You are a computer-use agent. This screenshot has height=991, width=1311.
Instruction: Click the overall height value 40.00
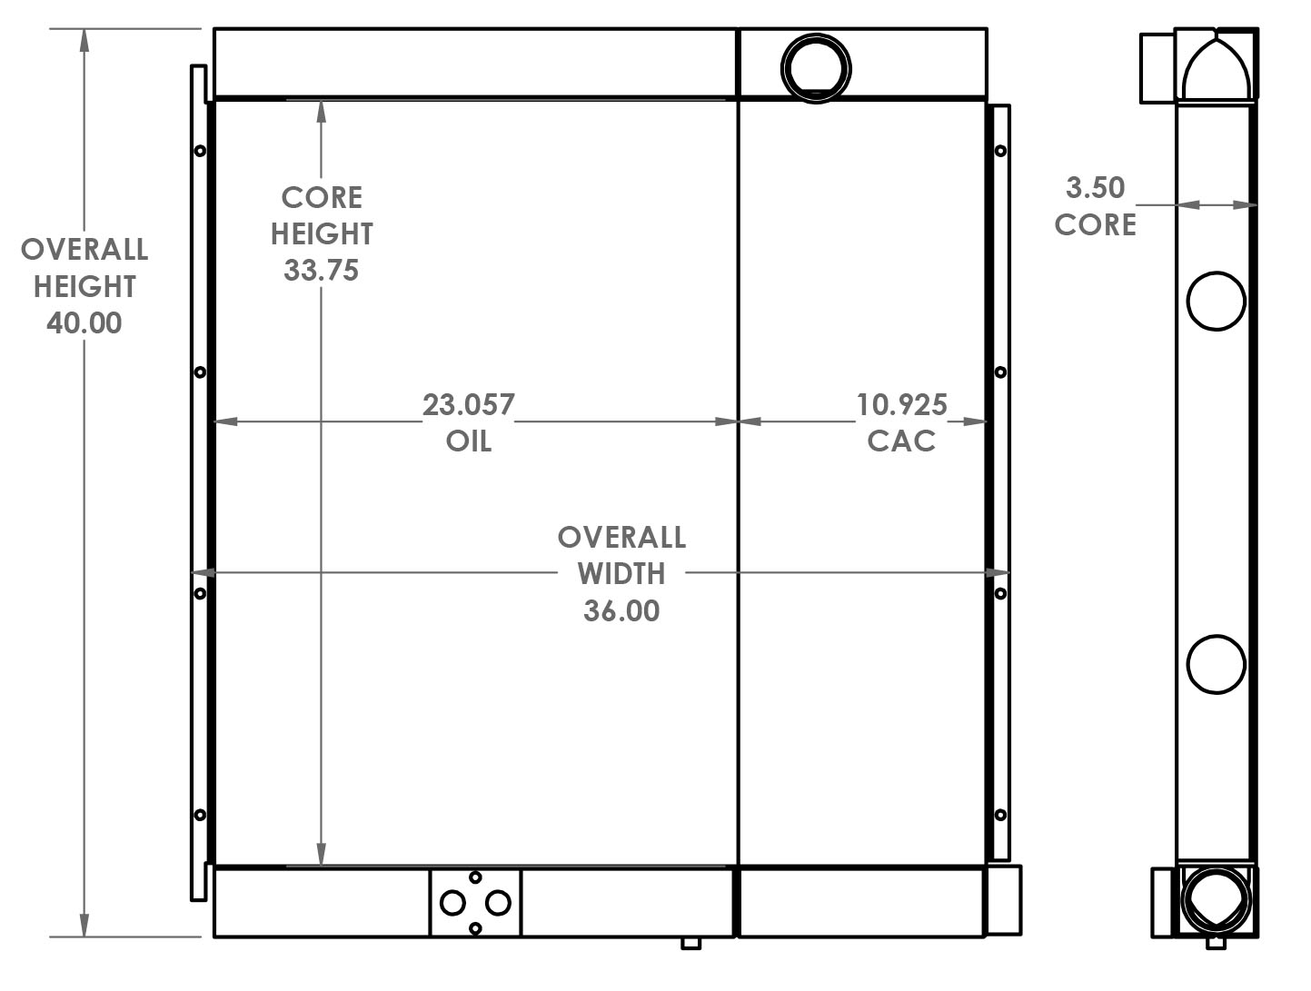pyautogui.click(x=84, y=323)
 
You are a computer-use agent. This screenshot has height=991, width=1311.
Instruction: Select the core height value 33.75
pyautogui.click(x=321, y=271)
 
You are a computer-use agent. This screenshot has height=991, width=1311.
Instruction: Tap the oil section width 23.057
pyautogui.click(x=469, y=404)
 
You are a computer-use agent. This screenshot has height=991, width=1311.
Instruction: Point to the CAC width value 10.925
pyautogui.click(x=902, y=404)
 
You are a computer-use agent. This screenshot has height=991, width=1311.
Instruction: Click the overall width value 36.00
pyautogui.click(x=621, y=610)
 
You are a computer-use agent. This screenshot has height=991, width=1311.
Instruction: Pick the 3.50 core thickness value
pyautogui.click(x=1095, y=188)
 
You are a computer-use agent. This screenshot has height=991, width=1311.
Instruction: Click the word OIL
pyautogui.click(x=469, y=441)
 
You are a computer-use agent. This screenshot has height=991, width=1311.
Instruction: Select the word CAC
pyautogui.click(x=901, y=441)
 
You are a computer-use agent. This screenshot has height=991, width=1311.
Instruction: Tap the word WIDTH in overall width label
pyautogui.click(x=621, y=574)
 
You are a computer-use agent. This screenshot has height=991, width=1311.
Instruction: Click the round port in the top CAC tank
pyautogui.click(x=816, y=68)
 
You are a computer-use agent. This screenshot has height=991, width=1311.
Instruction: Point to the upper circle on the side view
pyautogui.click(x=1217, y=301)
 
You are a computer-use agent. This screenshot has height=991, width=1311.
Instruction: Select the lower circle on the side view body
pyautogui.click(x=1217, y=665)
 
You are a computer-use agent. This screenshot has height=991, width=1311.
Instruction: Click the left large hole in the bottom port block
pyautogui.click(x=452, y=903)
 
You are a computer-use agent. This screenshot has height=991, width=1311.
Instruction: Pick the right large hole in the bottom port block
pyautogui.click(x=498, y=903)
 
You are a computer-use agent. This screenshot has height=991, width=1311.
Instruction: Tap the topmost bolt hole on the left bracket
pyautogui.click(x=200, y=151)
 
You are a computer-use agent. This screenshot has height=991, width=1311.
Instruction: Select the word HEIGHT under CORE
pyautogui.click(x=322, y=234)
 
